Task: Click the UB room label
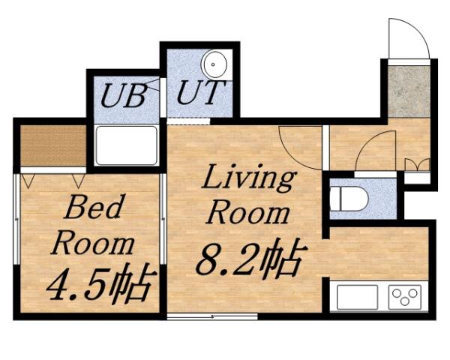click(122, 96)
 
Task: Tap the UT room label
click(199, 94)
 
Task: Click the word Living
click(247, 180)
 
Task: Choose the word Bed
click(92, 208)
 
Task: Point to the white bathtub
click(126, 145)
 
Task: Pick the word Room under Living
click(247, 212)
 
